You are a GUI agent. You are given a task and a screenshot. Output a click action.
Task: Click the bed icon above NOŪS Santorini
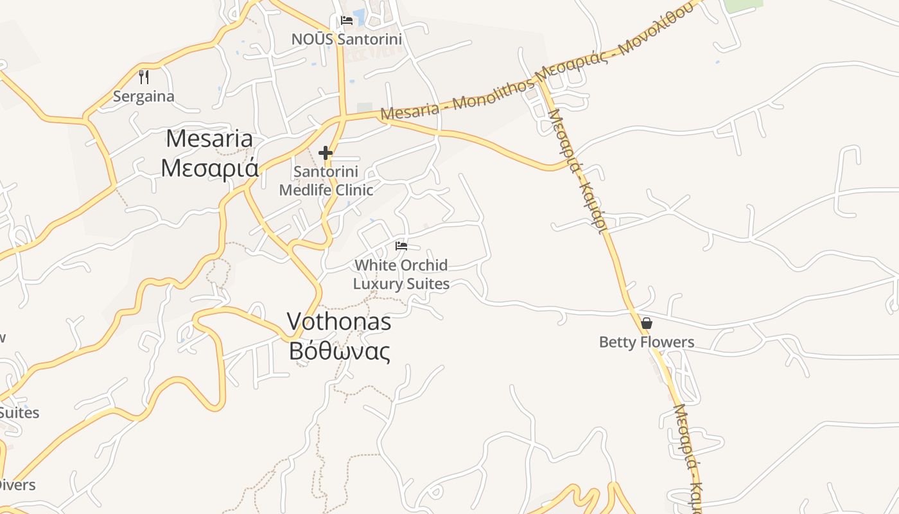tap(347, 20)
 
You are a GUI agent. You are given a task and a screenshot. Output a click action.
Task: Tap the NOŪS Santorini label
tap(347, 39)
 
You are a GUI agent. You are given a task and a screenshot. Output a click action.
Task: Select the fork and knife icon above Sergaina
tap(144, 77)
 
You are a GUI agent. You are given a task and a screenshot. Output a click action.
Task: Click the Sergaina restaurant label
tap(144, 96)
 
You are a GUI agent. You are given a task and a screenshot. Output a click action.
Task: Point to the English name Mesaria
tap(209, 139)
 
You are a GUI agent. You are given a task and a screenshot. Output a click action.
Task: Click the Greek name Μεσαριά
tap(209, 168)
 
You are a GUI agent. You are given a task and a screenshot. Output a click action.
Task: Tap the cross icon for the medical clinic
tap(326, 153)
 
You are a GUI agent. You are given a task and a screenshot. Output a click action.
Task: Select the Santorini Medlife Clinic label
tap(326, 181)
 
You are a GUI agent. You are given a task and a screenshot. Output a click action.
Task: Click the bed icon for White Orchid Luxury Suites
tap(401, 246)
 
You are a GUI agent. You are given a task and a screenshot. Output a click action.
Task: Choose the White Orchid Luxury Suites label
tap(401, 274)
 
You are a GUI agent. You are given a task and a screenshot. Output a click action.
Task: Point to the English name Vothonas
tap(338, 321)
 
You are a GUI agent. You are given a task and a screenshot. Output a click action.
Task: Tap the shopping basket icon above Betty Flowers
tap(647, 323)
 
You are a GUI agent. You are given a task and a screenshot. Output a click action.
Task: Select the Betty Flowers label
tap(647, 342)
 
